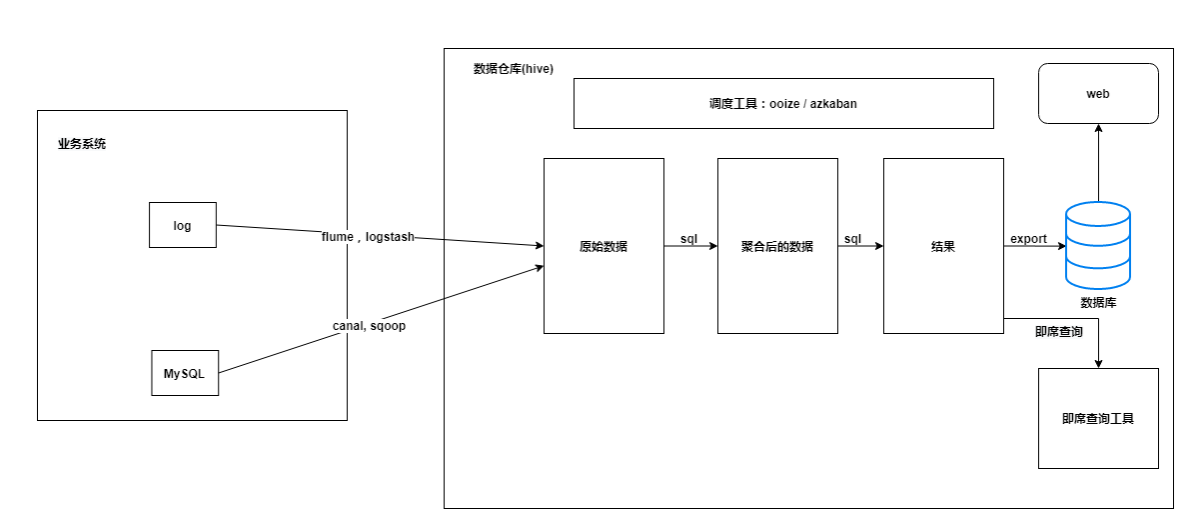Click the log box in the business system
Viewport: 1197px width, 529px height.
pyautogui.click(x=182, y=225)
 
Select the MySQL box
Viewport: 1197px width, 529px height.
pyautogui.click(x=184, y=373)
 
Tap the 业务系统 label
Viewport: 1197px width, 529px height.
pyautogui.click(x=82, y=144)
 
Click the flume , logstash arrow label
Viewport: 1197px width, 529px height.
pyautogui.click(x=367, y=237)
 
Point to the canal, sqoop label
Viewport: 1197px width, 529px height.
pyautogui.click(x=369, y=326)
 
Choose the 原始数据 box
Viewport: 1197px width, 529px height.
pyautogui.click(x=603, y=246)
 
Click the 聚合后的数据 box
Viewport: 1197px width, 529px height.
pyautogui.click(x=777, y=246)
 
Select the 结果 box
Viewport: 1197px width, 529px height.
pyautogui.click(x=943, y=246)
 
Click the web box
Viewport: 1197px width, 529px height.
pyautogui.click(x=1098, y=94)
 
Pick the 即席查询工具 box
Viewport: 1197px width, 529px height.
pyautogui.click(x=1098, y=419)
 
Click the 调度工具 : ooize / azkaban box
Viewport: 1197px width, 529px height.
pyautogui.click(x=783, y=103)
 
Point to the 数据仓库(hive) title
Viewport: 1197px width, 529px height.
pyautogui.click(x=513, y=69)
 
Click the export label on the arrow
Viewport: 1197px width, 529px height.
pyautogui.click(x=1028, y=239)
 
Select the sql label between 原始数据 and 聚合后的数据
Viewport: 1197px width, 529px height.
pyautogui.click(x=688, y=238)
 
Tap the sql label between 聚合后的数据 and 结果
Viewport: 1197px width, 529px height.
pyautogui.click(x=852, y=238)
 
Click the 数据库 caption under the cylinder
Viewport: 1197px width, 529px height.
pyautogui.click(x=1098, y=302)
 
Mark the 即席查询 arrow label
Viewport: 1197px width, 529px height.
pyautogui.click(x=1058, y=331)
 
